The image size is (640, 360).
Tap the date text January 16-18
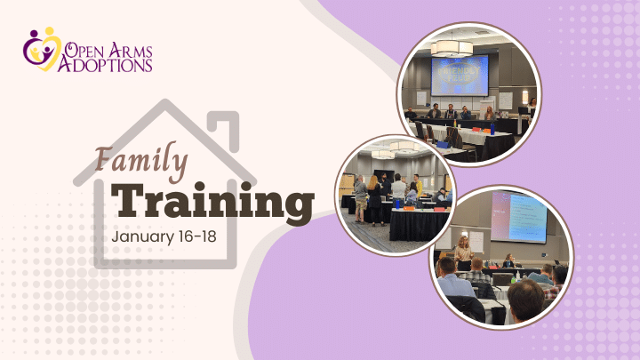click(164, 236)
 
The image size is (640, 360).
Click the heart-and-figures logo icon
click(42, 49)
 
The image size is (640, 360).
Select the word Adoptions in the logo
click(105, 65)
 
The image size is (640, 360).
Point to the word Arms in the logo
click(132, 50)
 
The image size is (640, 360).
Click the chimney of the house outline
click(223, 129)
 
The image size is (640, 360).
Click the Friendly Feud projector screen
click(460, 76)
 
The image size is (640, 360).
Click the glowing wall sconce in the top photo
click(525, 97)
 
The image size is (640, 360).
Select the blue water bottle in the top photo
click(492, 129)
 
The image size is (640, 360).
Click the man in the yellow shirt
click(417, 185)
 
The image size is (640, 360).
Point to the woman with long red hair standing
click(374, 200)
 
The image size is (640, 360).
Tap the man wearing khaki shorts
click(360, 199)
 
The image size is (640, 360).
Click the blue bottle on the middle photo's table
click(397, 204)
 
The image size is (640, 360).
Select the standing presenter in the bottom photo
click(464, 253)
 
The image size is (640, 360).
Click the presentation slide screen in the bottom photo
click(518, 216)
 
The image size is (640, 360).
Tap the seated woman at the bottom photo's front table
click(508, 260)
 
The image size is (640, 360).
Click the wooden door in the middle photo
click(346, 187)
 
